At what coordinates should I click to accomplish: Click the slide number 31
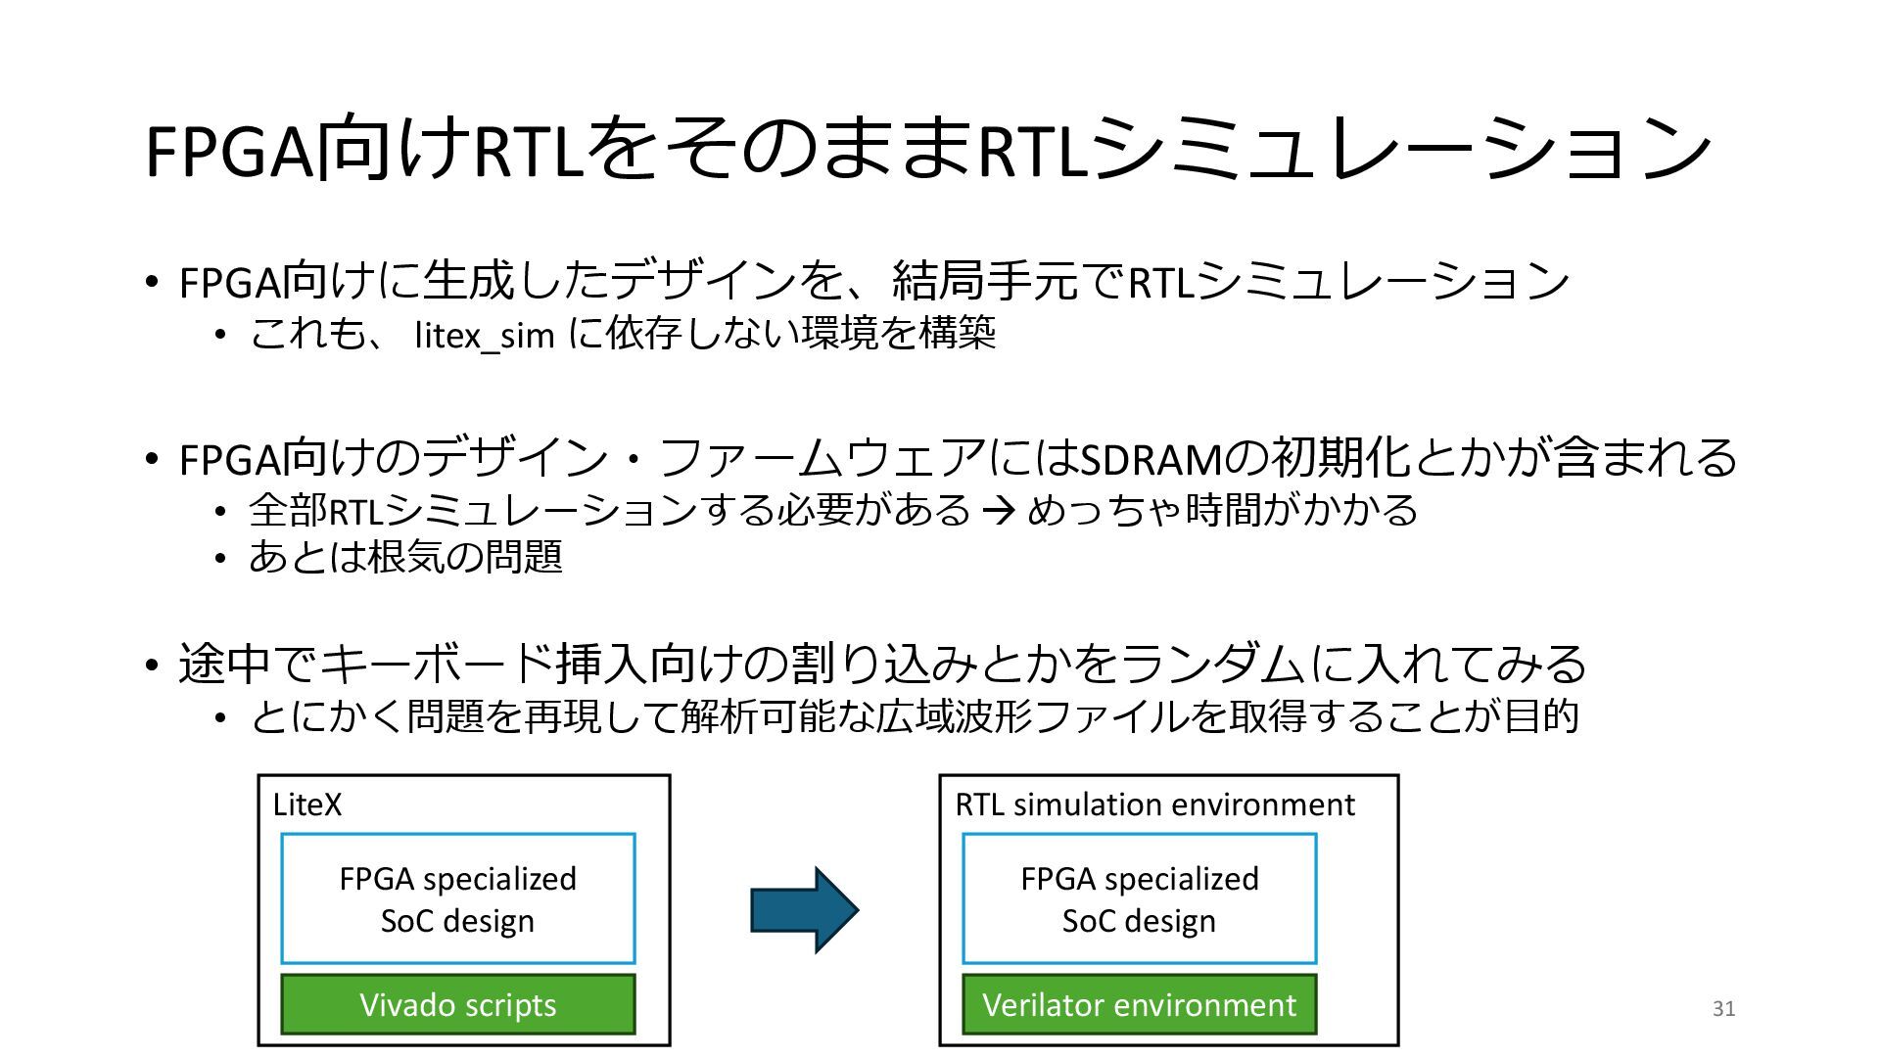point(1723,1009)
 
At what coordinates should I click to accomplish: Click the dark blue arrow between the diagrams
point(803,909)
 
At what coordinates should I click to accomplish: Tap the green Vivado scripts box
point(457,1004)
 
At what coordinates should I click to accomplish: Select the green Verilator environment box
point(1139,1004)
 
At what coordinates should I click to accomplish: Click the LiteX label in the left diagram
point(307,805)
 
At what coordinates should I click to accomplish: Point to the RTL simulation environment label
point(1154,805)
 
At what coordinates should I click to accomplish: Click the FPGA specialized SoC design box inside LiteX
point(457,898)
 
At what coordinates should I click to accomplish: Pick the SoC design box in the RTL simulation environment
point(1139,898)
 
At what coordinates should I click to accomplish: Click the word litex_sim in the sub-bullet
point(485,336)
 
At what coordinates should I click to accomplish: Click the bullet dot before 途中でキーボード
point(151,666)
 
